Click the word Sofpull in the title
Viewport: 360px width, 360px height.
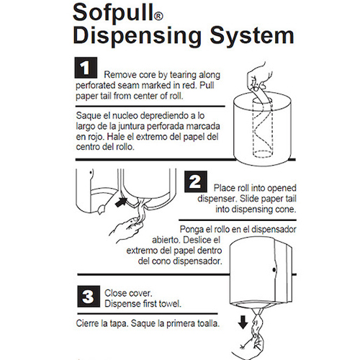click(113, 13)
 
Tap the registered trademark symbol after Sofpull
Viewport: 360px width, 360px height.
click(158, 17)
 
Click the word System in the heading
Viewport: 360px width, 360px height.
click(252, 37)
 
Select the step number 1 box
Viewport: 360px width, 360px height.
click(86, 68)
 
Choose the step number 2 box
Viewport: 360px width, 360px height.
click(196, 181)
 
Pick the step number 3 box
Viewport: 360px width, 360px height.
click(89, 297)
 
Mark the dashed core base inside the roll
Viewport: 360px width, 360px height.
click(262, 154)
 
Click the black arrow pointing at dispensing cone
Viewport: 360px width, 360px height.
click(122, 202)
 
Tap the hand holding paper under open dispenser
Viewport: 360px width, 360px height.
click(126, 229)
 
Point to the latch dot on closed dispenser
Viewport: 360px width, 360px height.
click(274, 270)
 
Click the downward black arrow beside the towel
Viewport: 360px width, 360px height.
click(243, 323)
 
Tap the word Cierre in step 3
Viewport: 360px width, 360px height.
click(88, 323)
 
